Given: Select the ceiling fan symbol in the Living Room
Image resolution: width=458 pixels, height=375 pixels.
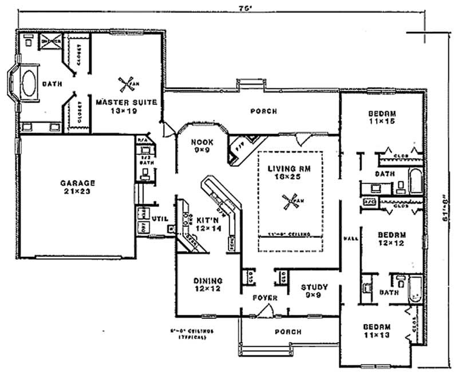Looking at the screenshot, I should [290, 201].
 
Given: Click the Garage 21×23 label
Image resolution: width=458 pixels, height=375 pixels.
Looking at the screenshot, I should [78, 187].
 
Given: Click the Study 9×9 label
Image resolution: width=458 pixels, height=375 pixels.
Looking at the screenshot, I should [314, 291].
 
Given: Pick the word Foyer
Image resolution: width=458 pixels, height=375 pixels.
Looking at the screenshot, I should [265, 298].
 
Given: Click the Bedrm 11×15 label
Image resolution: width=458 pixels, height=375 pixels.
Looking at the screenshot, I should [382, 118].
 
